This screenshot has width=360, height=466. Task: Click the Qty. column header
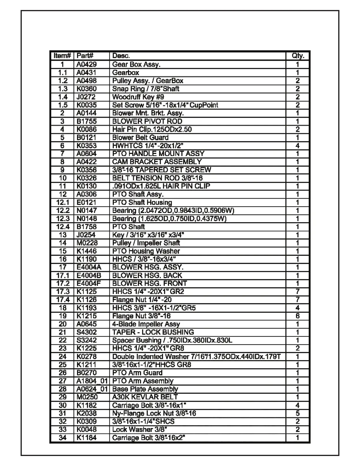[298, 56]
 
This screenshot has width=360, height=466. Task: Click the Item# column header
[62, 56]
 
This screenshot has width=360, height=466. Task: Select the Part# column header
[85, 56]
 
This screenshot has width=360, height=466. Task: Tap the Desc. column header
[121, 56]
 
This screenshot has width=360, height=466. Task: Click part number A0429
[86, 64]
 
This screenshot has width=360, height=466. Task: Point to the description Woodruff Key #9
[138, 97]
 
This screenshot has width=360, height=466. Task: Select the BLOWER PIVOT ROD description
[147, 121]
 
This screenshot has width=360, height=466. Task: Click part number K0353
[86, 146]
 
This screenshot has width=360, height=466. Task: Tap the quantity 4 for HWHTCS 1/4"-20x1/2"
[298, 146]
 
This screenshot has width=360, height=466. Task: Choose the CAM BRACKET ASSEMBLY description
[157, 162]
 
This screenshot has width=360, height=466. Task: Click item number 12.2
[63, 211]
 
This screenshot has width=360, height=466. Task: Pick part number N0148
[86, 219]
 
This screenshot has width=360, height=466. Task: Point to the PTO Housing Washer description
[146, 251]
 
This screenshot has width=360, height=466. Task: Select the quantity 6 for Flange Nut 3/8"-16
[298, 316]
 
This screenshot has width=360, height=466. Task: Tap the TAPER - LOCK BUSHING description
[153, 332]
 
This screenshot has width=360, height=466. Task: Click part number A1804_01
[92, 381]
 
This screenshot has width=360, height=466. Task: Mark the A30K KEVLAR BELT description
[145, 397]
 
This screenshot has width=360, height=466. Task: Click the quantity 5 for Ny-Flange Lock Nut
[298, 413]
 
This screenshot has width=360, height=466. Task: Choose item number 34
[63, 438]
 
